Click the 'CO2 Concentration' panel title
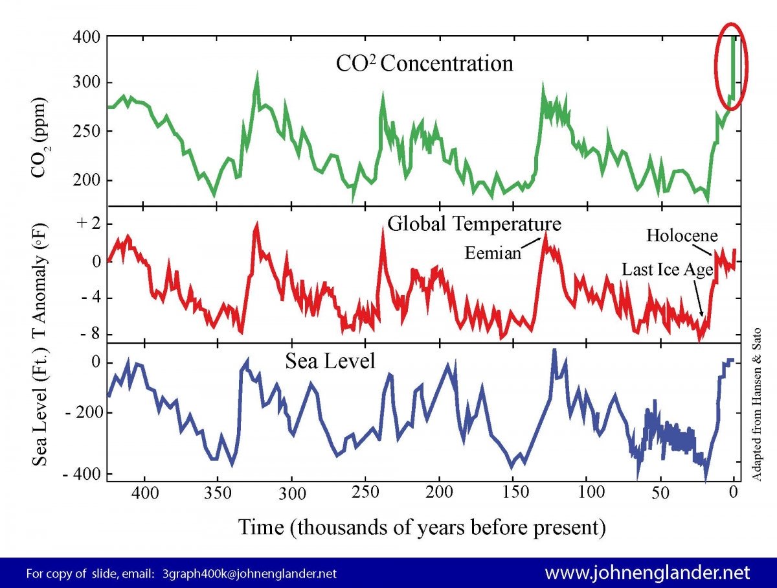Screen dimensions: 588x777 (424, 64)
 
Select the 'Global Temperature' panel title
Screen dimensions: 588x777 (474, 224)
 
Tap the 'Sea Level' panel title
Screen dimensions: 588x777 (330, 361)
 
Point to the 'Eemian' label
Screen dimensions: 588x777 (493, 253)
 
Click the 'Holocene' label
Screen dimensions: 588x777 (682, 235)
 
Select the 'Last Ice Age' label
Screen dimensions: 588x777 (667, 269)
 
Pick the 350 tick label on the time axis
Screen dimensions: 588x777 (218, 495)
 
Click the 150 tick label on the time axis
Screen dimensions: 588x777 (512, 495)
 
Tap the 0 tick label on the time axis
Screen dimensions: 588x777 (733, 493)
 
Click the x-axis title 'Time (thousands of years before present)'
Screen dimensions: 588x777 (422, 526)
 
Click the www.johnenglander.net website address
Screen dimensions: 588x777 (647, 573)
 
